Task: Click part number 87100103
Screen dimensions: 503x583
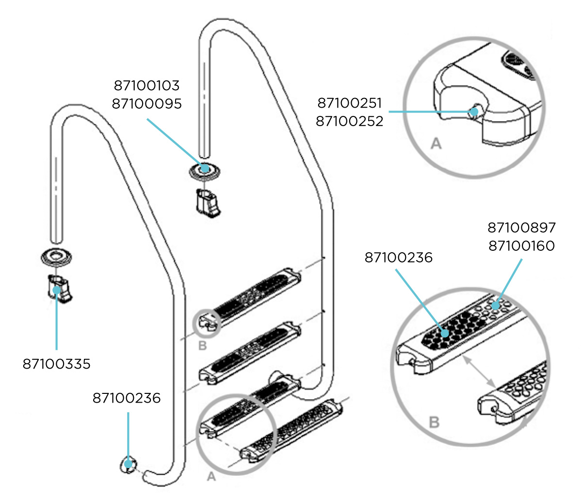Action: click(x=146, y=86)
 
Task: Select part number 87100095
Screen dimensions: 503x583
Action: click(x=146, y=103)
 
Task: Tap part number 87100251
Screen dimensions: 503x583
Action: click(x=349, y=103)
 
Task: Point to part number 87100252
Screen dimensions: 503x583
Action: click(x=349, y=120)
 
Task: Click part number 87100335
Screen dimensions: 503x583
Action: click(x=56, y=363)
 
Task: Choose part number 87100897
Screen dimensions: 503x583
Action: click(x=521, y=227)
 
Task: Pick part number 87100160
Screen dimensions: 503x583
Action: click(x=521, y=245)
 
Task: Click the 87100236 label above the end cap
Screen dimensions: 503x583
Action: click(x=126, y=398)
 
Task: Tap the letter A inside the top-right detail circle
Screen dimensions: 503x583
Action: click(x=436, y=144)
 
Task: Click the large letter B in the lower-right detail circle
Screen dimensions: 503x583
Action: click(x=434, y=422)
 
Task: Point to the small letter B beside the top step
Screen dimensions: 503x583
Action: click(x=203, y=346)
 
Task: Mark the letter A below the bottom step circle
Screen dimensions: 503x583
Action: click(x=211, y=477)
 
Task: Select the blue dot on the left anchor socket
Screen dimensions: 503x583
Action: click(x=57, y=290)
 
